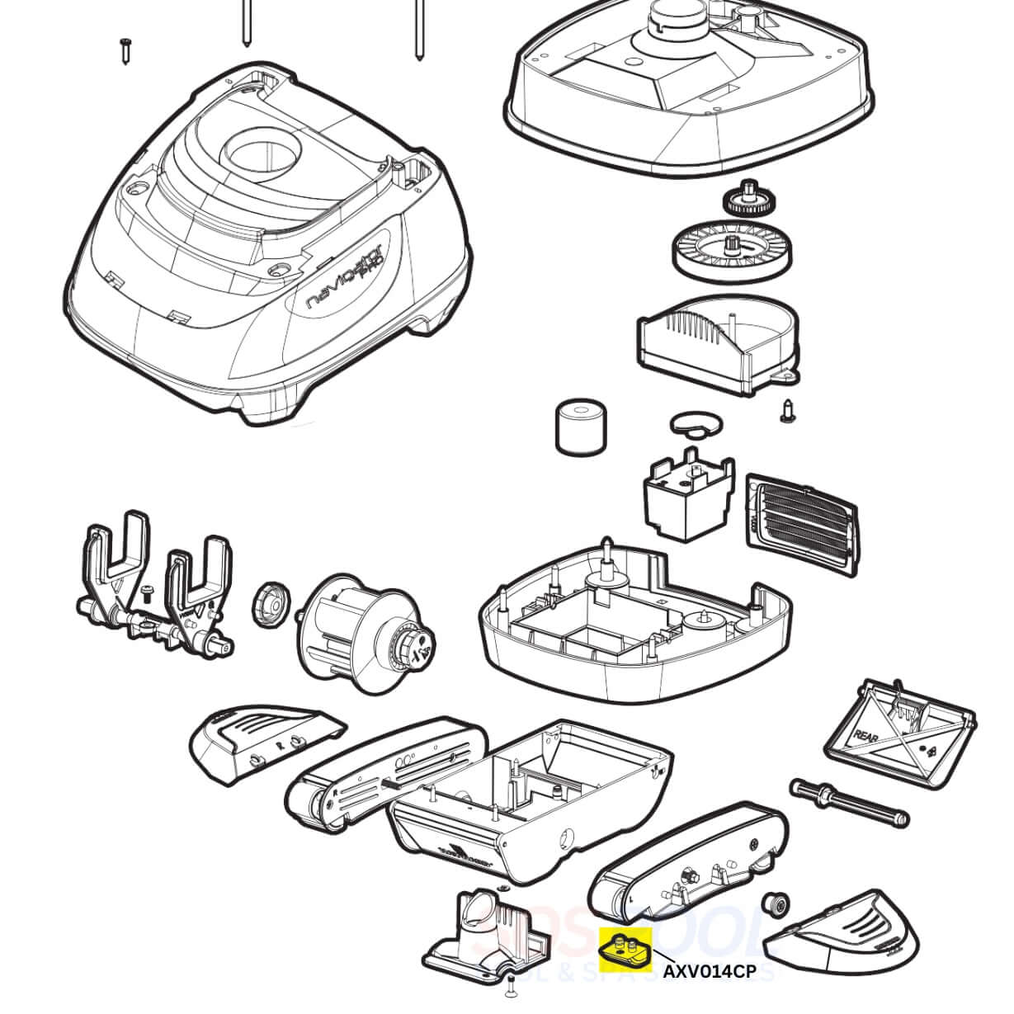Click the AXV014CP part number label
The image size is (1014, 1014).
tap(710, 971)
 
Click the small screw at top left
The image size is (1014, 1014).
tap(126, 50)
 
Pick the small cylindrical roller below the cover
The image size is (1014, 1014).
tap(578, 427)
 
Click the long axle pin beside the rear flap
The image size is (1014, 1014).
tap(850, 801)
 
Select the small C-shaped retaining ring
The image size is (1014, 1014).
tap(694, 423)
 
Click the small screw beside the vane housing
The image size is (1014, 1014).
tap(785, 410)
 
